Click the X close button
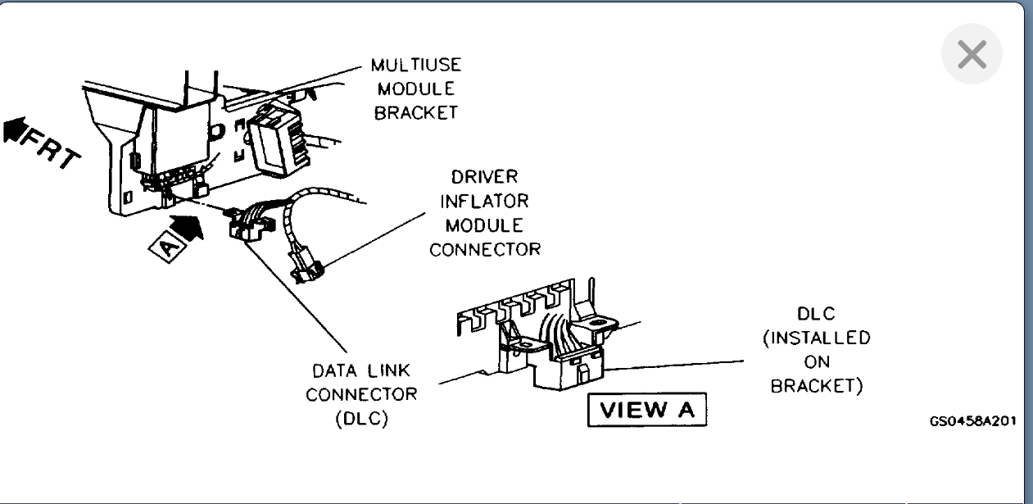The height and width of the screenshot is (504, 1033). [x=972, y=56]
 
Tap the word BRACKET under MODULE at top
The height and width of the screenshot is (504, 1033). [x=416, y=113]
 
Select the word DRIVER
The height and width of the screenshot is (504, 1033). [x=484, y=177]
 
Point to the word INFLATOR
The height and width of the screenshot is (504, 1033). [x=484, y=201]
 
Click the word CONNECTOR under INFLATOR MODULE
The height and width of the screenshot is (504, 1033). [x=484, y=249]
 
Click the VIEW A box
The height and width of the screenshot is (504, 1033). [x=646, y=411]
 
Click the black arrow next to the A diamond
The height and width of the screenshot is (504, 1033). [x=188, y=226]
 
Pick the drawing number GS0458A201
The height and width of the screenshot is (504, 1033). [x=973, y=421]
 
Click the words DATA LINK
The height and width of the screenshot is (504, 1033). [x=361, y=371]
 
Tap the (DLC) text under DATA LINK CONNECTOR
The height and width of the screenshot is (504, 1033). [x=361, y=418]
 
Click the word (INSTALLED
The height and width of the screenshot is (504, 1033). [x=816, y=338]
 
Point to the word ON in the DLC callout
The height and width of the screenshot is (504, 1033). [x=816, y=361]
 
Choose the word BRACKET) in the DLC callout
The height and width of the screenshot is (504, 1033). [x=816, y=385]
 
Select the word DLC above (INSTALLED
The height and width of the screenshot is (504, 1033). [x=816, y=314]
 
